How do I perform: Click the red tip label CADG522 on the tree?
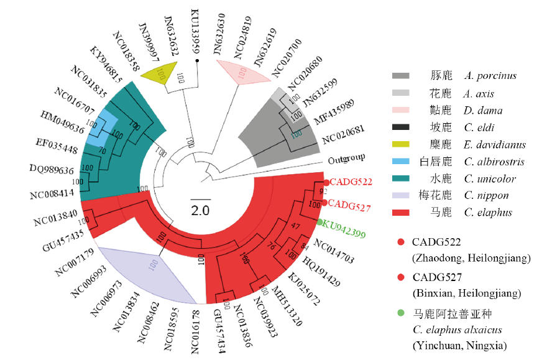tap(351, 182)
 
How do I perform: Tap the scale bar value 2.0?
tap(200, 210)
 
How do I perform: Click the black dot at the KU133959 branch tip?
tap(197, 61)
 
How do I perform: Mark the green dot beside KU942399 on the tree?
tap(320, 222)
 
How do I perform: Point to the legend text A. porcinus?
tap(490, 76)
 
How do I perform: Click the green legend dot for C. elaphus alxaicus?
tap(401, 312)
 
